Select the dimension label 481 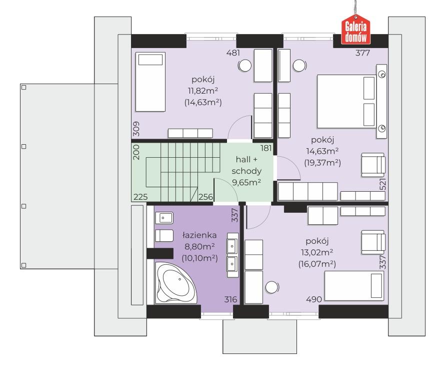click(x=233, y=53)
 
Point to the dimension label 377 click(x=362, y=53)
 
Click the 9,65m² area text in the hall click(x=246, y=182)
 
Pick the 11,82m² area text click(x=203, y=91)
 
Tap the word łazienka click(x=199, y=235)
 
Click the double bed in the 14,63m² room click(x=346, y=101)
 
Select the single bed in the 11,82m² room click(x=150, y=82)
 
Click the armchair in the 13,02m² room click(x=373, y=242)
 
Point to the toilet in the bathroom click(x=164, y=236)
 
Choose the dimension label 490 click(x=314, y=299)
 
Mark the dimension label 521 click(x=383, y=184)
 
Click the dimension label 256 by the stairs click(x=205, y=197)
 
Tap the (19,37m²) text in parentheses click(x=322, y=163)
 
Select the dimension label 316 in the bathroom click(x=230, y=299)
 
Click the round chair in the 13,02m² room click(x=272, y=287)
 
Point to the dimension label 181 click(x=266, y=148)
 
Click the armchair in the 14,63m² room click(x=373, y=165)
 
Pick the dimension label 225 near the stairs click(x=140, y=197)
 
